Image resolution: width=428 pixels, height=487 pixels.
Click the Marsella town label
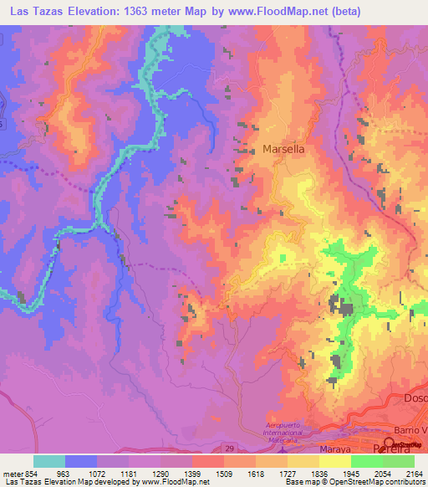click(283, 148)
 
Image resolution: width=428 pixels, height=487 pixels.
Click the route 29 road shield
click(230, 449)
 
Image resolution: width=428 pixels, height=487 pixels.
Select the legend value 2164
click(414, 473)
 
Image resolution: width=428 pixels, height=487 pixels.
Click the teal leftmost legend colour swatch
click(49, 461)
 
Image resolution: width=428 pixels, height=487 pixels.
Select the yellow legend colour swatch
click(335, 461)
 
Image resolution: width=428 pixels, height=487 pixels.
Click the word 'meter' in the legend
click(12, 473)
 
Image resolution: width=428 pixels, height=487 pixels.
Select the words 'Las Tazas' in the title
click(34, 13)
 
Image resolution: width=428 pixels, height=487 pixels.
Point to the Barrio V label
click(410, 430)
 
